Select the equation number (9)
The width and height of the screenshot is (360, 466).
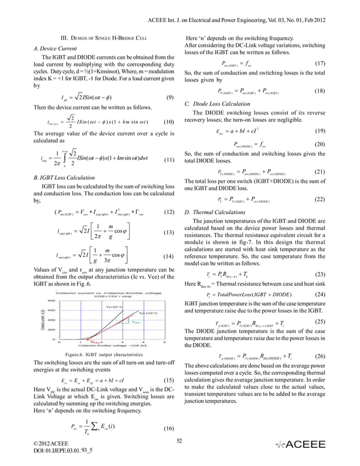tap(169, 98)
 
